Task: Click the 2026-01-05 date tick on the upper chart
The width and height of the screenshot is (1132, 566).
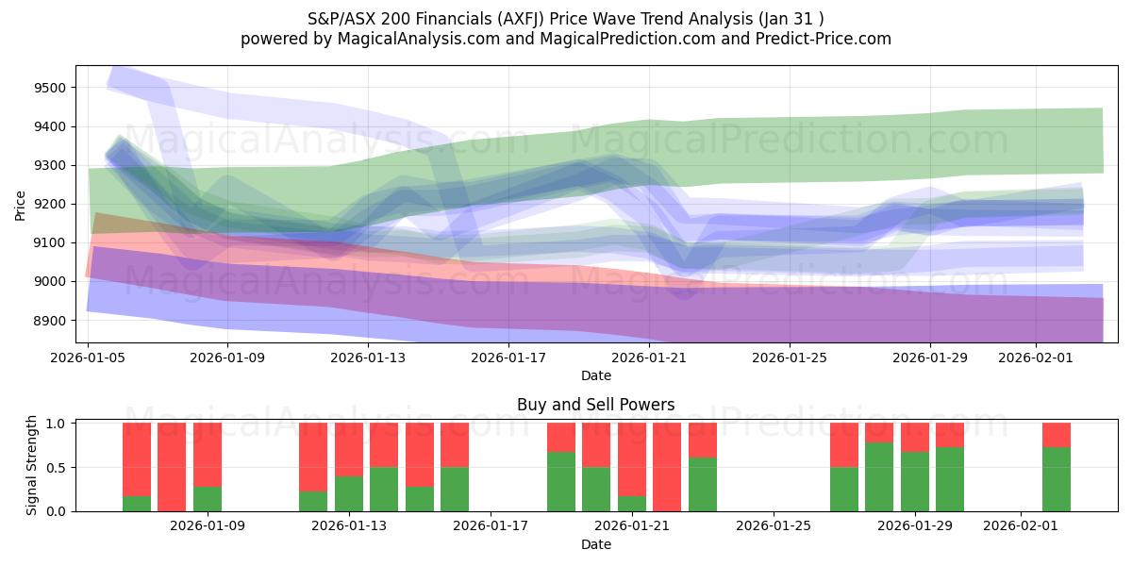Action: [88, 358]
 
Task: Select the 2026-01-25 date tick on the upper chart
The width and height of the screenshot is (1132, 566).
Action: [791, 358]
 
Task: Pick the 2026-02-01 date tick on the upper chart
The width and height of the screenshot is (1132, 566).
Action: [1037, 358]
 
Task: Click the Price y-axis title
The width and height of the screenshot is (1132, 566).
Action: [21, 204]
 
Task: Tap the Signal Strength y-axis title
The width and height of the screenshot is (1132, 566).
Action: [31, 466]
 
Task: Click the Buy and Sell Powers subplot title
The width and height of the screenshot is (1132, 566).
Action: [595, 405]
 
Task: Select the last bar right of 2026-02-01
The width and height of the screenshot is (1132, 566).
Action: [1057, 467]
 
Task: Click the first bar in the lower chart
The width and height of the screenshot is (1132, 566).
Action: [137, 467]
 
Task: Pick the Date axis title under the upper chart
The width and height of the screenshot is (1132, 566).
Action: [595, 375]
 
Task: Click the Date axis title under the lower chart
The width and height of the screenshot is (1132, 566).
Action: [595, 544]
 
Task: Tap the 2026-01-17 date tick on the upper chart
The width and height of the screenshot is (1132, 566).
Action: [508, 358]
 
